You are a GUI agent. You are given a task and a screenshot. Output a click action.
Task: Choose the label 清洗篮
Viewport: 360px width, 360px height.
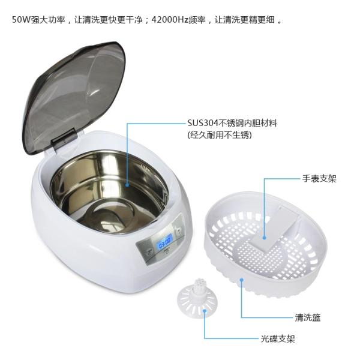point(307,317)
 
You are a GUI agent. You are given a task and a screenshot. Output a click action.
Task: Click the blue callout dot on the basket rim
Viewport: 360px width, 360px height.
point(242,279)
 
